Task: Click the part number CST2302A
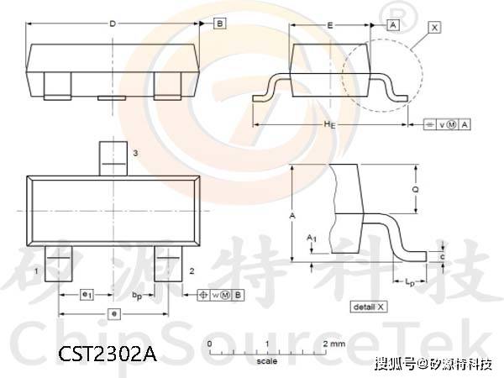[108, 354]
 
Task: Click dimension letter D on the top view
[113, 24]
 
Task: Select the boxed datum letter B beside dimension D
[219, 24]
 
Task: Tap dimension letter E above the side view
[329, 26]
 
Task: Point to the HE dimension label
[330, 124]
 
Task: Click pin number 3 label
[134, 153]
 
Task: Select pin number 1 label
[36, 271]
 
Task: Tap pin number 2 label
[192, 270]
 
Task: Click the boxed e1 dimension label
[86, 295]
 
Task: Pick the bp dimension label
[136, 296]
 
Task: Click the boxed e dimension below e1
[114, 312]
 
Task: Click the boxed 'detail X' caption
[369, 307]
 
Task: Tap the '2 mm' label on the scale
[333, 344]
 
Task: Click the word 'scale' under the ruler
[266, 362]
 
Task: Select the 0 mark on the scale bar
[208, 344]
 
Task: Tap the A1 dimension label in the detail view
[311, 239]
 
